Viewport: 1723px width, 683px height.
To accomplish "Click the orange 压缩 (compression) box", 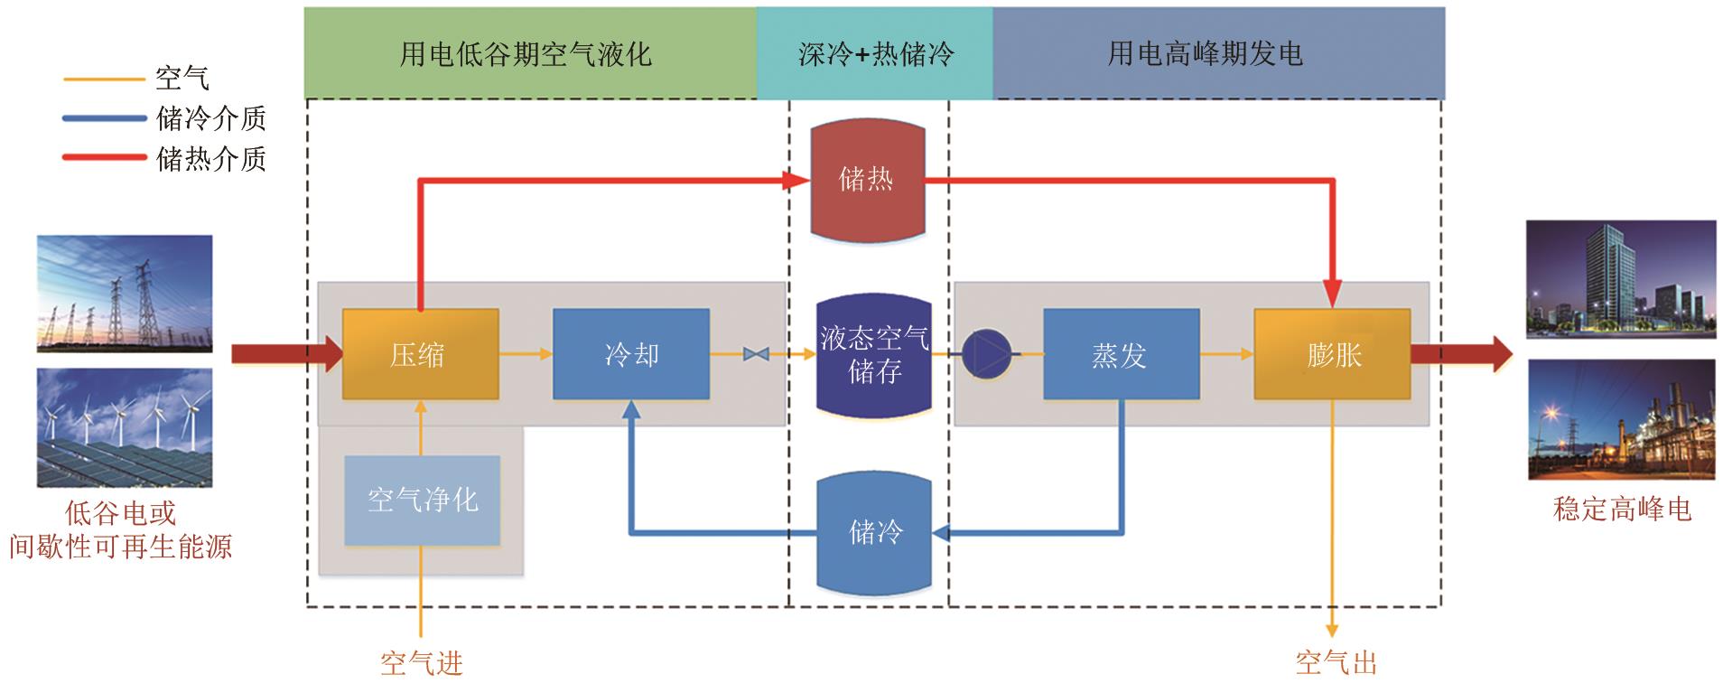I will [x=420, y=354].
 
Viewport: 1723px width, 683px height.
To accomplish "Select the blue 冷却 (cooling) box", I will [x=630, y=354].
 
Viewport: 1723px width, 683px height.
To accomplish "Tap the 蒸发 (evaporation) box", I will [x=1121, y=354].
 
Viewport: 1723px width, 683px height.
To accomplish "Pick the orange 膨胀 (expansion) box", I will [x=1332, y=354].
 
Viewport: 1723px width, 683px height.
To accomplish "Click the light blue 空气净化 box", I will [x=422, y=500].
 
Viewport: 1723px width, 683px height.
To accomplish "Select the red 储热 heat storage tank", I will [x=867, y=181].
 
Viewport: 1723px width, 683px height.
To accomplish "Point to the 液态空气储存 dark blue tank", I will [x=873, y=354].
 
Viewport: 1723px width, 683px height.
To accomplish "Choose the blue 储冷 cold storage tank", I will [x=873, y=533].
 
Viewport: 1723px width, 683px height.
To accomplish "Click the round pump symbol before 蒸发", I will [x=985, y=354].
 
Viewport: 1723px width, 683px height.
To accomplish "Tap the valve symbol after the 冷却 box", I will [x=755, y=354].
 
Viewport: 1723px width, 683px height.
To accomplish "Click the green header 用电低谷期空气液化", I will [x=529, y=53].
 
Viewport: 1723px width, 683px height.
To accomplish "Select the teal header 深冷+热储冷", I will [x=874, y=53].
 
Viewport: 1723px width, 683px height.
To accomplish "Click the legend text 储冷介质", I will [x=210, y=118].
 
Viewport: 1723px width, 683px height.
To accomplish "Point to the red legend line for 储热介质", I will [x=104, y=158].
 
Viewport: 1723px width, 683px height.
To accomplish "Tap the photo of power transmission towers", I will [x=125, y=294].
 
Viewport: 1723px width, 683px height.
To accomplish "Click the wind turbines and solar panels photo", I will [x=125, y=427].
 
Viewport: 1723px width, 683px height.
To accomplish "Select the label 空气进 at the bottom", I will [x=421, y=664].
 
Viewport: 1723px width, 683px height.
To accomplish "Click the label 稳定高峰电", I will [x=1621, y=509].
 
